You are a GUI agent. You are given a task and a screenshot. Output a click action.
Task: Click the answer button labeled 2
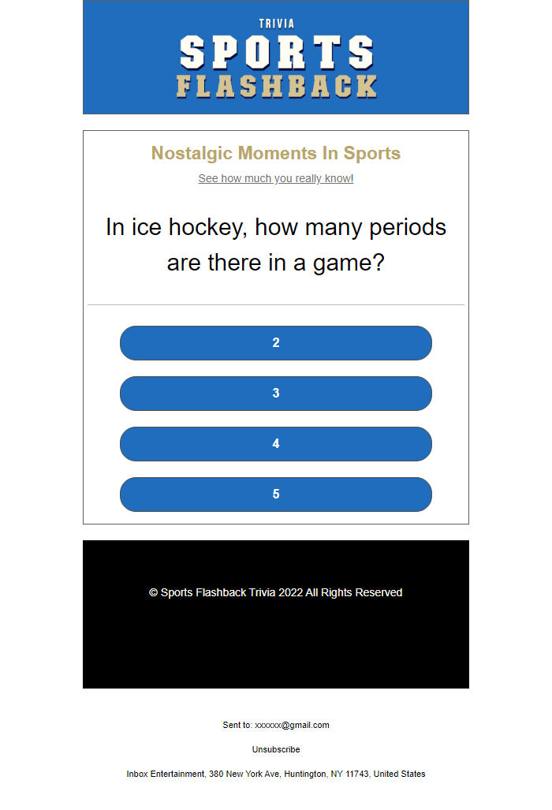click(276, 343)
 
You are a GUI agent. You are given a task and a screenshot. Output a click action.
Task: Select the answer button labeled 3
click(276, 394)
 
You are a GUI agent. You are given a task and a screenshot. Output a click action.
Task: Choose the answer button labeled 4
click(276, 444)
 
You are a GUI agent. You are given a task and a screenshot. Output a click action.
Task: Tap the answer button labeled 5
click(276, 495)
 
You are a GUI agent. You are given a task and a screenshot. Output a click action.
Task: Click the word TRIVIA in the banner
click(276, 24)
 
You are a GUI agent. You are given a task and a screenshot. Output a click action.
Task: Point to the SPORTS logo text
click(276, 53)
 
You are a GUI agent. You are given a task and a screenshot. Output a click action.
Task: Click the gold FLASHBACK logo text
click(276, 87)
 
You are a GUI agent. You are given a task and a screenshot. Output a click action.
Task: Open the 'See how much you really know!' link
click(276, 178)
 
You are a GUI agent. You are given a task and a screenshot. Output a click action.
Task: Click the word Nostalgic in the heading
click(192, 153)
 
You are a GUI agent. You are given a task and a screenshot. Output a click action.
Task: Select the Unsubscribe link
click(276, 749)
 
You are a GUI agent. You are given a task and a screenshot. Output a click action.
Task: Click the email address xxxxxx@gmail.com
click(292, 725)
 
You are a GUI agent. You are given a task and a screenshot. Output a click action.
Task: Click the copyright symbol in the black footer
click(154, 592)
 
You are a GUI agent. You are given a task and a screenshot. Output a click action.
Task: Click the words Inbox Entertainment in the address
click(166, 774)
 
